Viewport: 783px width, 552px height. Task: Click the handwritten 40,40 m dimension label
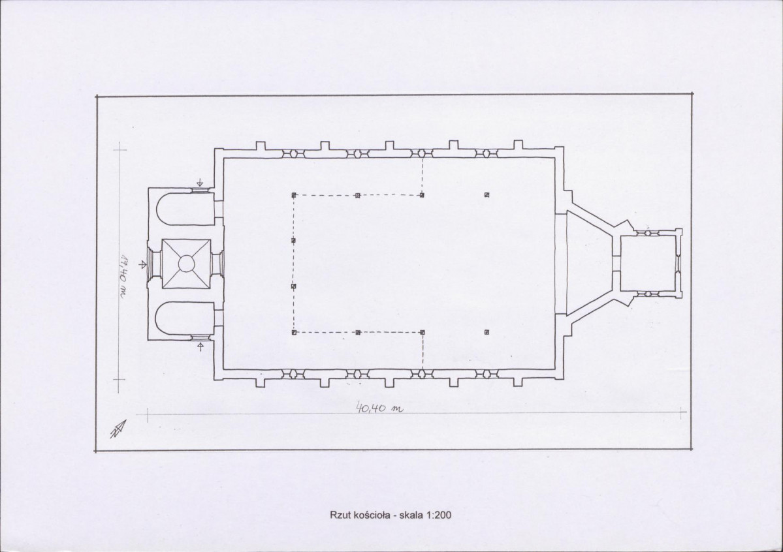point(379,408)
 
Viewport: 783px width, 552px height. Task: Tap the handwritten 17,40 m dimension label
point(123,277)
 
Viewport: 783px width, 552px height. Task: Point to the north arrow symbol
point(118,429)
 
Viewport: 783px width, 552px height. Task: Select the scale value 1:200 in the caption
point(438,515)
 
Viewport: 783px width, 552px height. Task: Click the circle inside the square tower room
point(186,263)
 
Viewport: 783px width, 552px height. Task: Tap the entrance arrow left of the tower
point(143,264)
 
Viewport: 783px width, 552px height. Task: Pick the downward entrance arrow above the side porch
point(200,182)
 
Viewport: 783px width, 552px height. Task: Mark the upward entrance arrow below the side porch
point(200,346)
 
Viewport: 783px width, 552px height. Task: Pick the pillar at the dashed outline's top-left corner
point(294,195)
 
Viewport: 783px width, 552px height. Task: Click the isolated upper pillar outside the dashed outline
point(487,194)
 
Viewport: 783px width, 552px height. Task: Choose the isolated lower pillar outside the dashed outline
point(487,332)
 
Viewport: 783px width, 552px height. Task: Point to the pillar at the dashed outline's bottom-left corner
point(294,332)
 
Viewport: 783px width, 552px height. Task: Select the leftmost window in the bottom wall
point(293,374)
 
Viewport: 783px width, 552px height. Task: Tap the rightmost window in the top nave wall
point(487,153)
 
